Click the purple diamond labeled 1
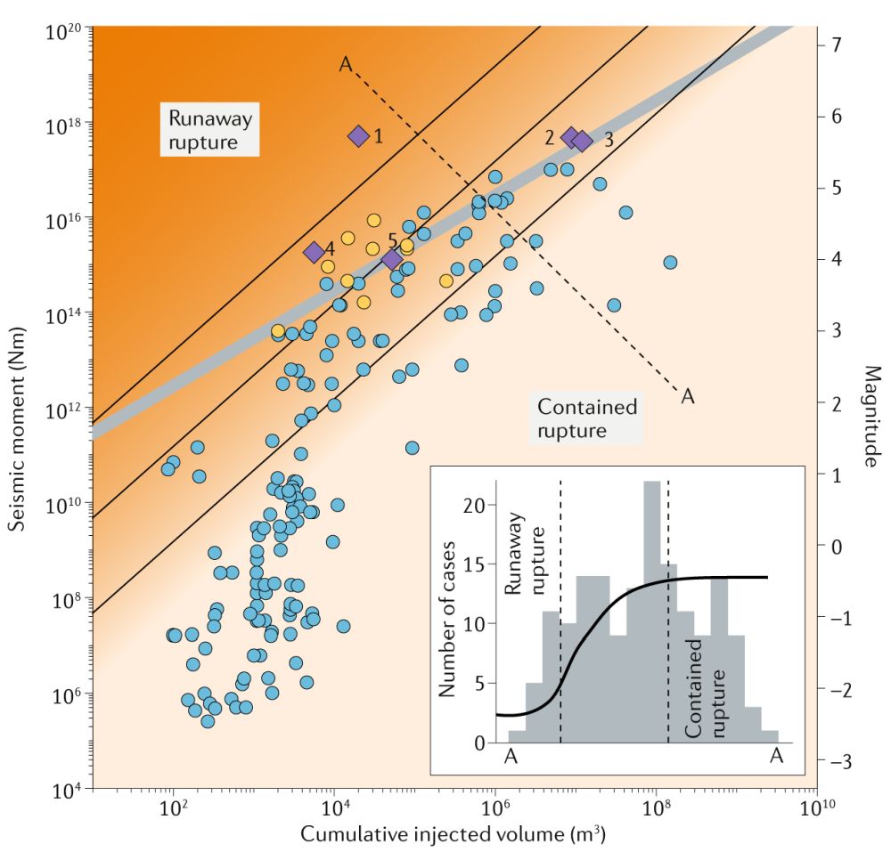[358, 135]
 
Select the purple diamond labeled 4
[314, 252]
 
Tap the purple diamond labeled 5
[392, 259]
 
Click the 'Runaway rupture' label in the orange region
[210, 130]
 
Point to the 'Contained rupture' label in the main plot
[587, 418]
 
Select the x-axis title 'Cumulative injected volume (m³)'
[454, 835]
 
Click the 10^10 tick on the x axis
[816, 808]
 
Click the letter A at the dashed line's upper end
[346, 63]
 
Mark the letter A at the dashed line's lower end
[687, 396]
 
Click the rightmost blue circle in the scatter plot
[670, 262]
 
